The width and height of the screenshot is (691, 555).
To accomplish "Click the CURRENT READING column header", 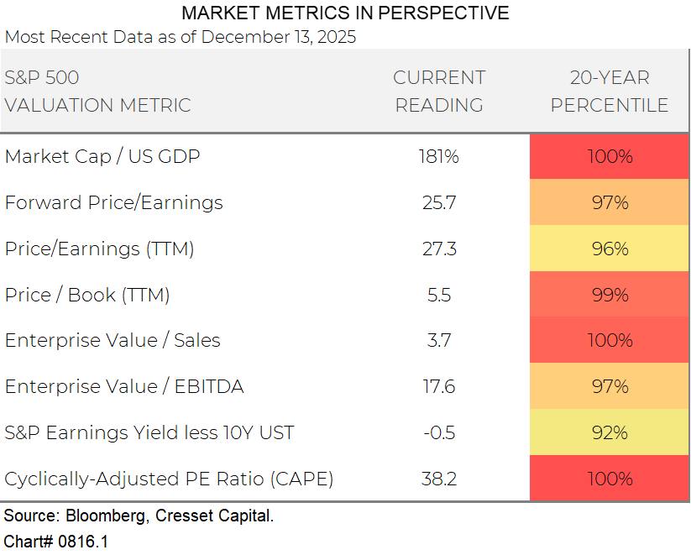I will [x=439, y=92].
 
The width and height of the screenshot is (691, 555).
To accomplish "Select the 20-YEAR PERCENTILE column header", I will [x=610, y=92].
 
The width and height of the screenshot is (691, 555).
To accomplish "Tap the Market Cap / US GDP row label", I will [x=102, y=156].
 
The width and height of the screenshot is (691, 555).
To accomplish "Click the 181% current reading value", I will [x=439, y=156].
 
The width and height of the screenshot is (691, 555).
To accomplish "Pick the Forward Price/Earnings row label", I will [x=114, y=202].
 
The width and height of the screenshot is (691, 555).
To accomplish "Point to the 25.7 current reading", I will [x=439, y=202].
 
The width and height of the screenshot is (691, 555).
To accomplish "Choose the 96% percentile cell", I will [x=610, y=249].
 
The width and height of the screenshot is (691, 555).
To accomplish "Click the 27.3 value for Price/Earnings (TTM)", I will [x=439, y=249].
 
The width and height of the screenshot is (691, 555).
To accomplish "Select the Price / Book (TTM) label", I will [x=87, y=295].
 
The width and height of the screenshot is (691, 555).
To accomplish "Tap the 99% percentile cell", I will [x=610, y=295].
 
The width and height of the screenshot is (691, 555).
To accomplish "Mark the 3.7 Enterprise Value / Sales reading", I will [x=439, y=340].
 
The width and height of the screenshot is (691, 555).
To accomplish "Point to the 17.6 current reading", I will [x=439, y=386].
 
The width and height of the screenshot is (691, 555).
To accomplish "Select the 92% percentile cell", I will [x=610, y=432].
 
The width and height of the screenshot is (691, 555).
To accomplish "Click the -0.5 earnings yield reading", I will [x=439, y=432].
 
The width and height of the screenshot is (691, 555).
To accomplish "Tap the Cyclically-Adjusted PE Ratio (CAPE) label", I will [x=169, y=479].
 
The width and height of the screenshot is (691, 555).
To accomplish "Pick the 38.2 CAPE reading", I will [x=439, y=479].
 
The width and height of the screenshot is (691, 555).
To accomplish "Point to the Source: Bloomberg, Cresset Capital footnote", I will [x=139, y=516].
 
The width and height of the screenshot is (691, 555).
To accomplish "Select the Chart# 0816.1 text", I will [x=56, y=542].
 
